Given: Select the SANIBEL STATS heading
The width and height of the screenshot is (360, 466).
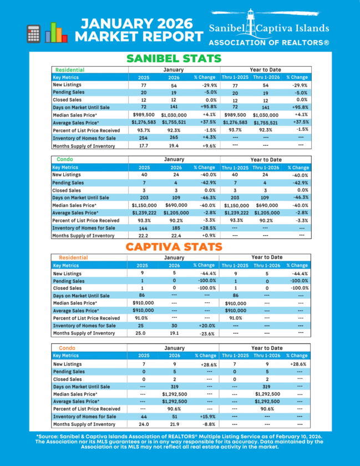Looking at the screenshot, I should (x=174, y=58).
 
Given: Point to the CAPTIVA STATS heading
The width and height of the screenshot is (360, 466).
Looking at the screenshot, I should (x=174, y=246).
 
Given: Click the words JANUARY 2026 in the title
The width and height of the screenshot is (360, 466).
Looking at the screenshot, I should (x=136, y=24).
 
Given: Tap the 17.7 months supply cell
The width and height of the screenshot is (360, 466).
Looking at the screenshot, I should (x=144, y=146).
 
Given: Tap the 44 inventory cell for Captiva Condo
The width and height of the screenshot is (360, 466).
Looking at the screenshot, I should (x=144, y=416).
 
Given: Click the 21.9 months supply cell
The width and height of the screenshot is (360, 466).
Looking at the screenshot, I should (x=175, y=424).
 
